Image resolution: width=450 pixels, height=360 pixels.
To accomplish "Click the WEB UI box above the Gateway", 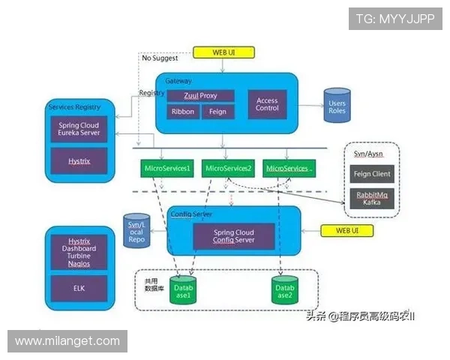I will click(223, 52).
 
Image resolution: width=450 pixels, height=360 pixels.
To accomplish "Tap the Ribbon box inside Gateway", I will click(182, 112).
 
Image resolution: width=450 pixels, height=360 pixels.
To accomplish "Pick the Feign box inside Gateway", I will click(217, 112).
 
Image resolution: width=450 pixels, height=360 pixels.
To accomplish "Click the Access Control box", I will click(267, 103).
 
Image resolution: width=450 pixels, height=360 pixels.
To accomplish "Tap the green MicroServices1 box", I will click(167, 169).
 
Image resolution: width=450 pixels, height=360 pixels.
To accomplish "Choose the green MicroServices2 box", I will click(228, 169).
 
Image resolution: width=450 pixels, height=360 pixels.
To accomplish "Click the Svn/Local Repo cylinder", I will click(138, 231).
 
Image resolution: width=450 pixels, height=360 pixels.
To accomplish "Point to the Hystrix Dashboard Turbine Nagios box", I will click(79, 250).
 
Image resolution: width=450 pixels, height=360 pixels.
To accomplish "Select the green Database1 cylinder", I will click(184, 292).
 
